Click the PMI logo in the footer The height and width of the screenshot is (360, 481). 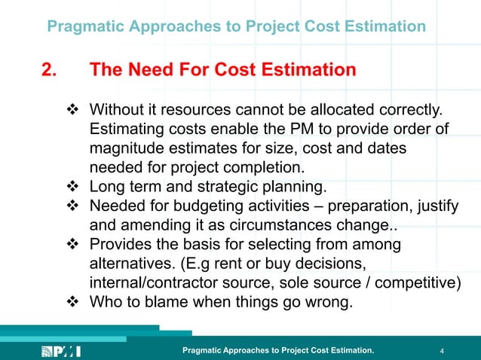60,350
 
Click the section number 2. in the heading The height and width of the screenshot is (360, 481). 49,71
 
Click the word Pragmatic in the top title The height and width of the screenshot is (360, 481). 84,27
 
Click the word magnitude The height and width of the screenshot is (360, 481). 126,149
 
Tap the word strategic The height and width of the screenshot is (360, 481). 234,187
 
